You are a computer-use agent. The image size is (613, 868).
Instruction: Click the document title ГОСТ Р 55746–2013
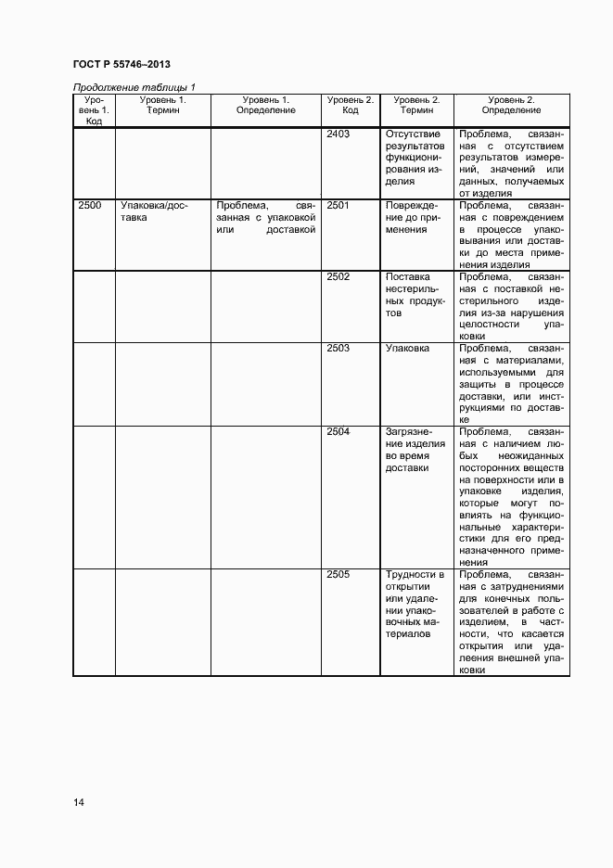tap(121, 64)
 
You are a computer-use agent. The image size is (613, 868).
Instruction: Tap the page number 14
tap(79, 802)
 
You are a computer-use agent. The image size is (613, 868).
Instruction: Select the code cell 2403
tap(338, 134)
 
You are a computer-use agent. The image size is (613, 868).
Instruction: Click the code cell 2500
tap(90, 206)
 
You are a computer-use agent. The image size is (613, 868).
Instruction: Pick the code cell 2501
tap(338, 206)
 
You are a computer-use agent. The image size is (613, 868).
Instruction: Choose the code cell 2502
tap(338, 277)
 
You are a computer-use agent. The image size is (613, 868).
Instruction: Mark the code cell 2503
tap(338, 349)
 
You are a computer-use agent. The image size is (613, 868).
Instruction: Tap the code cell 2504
tap(338, 432)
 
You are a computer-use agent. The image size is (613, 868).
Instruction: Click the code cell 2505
tap(338, 575)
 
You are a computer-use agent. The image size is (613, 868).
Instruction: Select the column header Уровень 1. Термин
tap(162, 105)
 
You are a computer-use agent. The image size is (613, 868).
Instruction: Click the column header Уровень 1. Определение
tap(265, 105)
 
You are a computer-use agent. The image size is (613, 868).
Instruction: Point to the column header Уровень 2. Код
tap(351, 105)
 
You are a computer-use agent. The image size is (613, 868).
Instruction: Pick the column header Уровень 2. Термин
tap(416, 105)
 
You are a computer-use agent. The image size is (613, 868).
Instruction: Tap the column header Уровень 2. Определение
tap(512, 105)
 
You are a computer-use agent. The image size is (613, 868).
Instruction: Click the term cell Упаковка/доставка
tap(154, 212)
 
